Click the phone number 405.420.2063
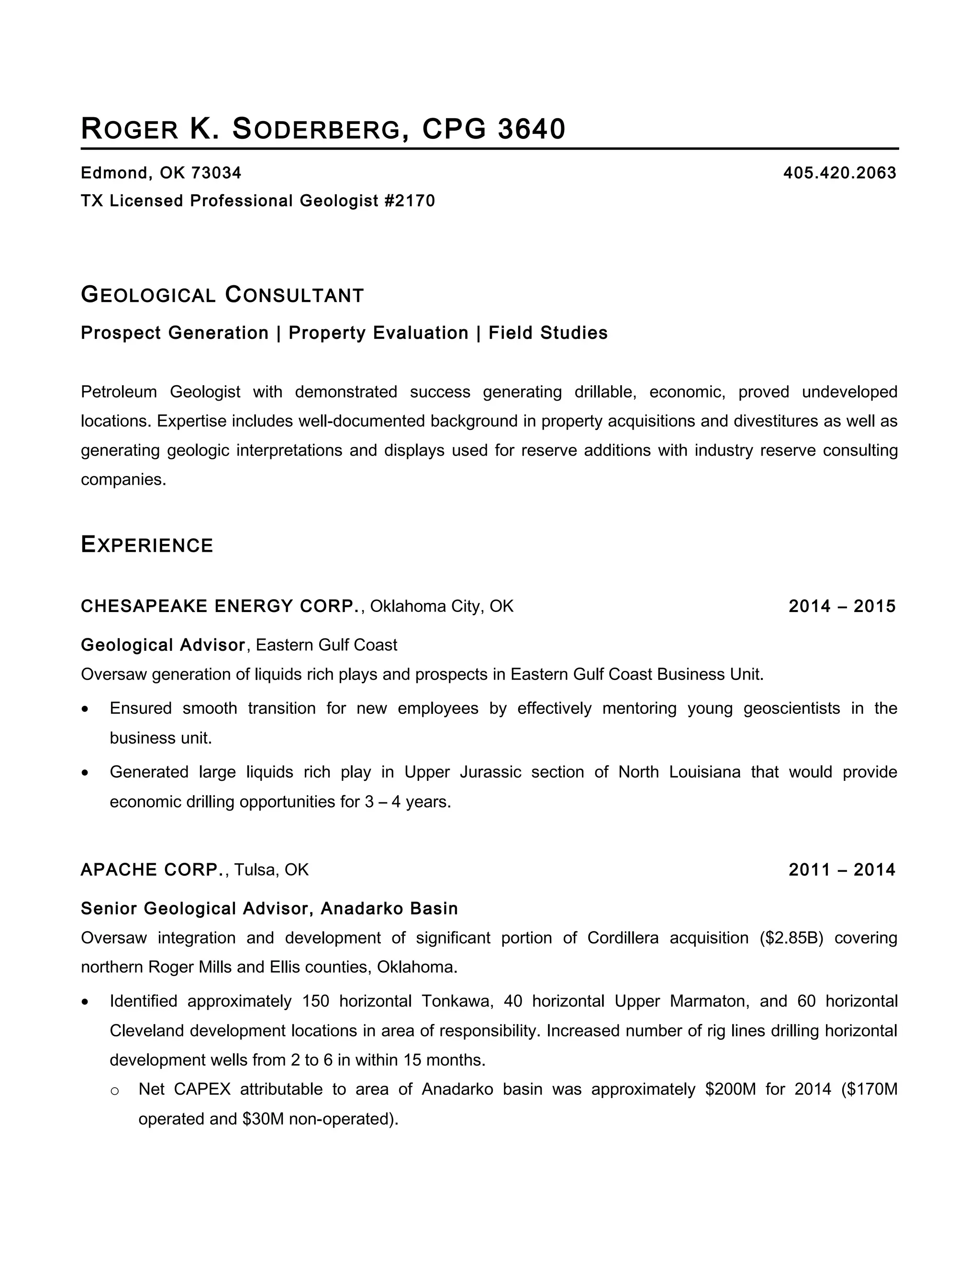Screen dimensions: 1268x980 (x=839, y=173)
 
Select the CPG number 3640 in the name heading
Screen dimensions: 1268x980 (x=531, y=129)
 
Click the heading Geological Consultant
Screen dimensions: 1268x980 (x=223, y=295)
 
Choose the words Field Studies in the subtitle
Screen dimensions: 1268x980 (x=548, y=333)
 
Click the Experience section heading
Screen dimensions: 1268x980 (x=147, y=545)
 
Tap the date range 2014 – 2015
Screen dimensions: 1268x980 (x=842, y=606)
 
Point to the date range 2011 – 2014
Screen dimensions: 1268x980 (x=842, y=870)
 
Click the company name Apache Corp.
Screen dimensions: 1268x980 (x=153, y=870)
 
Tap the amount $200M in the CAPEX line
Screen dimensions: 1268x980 (x=730, y=1089)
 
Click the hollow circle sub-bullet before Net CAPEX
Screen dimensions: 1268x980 (x=115, y=1091)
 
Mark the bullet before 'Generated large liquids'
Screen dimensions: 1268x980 (x=86, y=773)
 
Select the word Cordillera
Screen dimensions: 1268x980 (x=623, y=938)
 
